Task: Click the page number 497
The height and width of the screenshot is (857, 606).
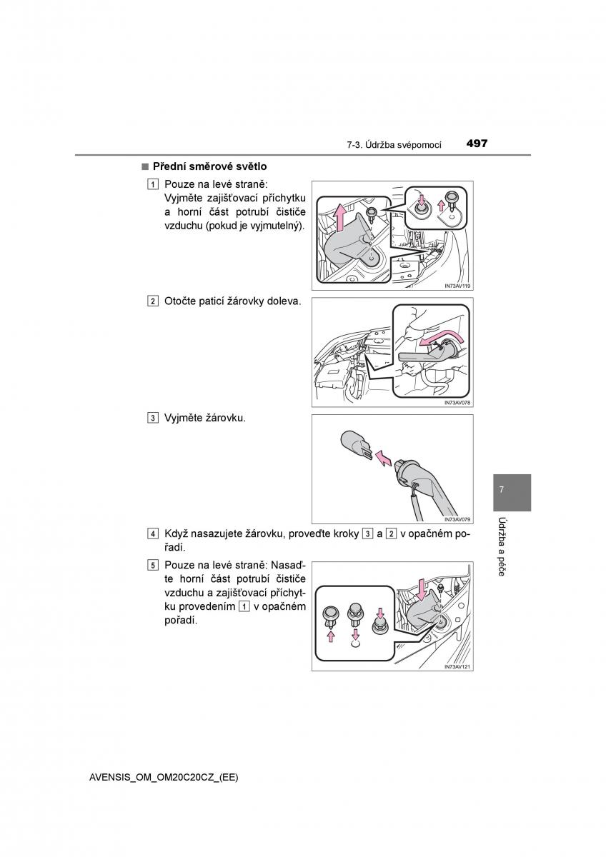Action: (x=477, y=144)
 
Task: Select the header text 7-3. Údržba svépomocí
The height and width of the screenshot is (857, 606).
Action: (x=394, y=144)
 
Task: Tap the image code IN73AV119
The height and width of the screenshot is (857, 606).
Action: (x=457, y=286)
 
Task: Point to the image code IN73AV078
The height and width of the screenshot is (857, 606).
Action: (x=457, y=403)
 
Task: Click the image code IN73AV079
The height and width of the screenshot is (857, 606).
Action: (x=457, y=519)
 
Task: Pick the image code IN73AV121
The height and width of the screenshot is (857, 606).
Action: (x=457, y=667)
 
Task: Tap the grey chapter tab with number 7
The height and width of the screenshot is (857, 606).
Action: (x=512, y=491)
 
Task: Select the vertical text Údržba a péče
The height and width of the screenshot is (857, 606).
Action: (x=502, y=546)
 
